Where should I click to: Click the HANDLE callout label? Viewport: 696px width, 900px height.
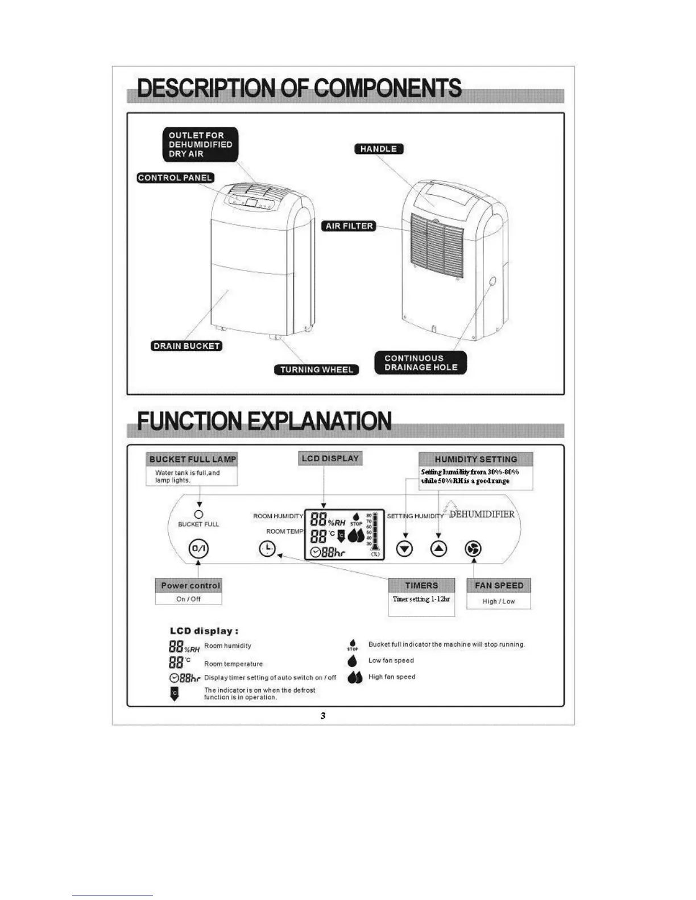[379, 149]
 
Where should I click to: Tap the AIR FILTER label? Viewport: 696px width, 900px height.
[349, 226]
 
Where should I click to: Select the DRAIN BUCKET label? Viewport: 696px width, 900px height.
[187, 346]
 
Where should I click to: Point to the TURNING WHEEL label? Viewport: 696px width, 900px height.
[316, 370]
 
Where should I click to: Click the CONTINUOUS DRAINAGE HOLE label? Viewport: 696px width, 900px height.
[420, 363]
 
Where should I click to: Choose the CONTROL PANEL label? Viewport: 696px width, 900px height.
[175, 178]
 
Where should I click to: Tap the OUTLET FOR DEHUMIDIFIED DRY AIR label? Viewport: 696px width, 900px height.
[200, 144]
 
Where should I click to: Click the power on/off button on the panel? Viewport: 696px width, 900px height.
[198, 549]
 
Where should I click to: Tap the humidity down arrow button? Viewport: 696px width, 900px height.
[404, 549]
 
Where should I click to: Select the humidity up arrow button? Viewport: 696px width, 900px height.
[438, 549]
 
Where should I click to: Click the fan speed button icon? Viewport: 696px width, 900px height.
[473, 549]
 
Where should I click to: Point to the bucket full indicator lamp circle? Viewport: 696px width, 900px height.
[198, 514]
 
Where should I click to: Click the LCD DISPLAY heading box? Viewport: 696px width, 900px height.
[330, 459]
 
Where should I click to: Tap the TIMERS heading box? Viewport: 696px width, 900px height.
[421, 585]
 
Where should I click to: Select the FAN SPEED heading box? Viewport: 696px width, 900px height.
[499, 585]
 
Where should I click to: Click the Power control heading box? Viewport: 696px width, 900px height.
[190, 585]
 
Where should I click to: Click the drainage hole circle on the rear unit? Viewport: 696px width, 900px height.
[492, 281]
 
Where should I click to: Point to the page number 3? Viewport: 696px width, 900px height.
[323, 716]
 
